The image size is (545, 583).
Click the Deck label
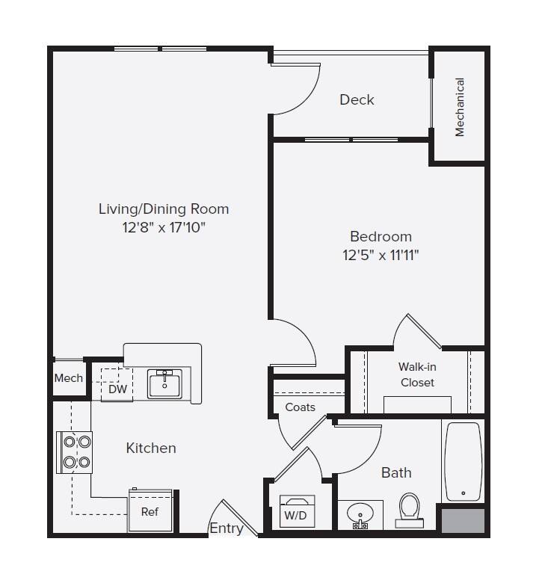(x=357, y=99)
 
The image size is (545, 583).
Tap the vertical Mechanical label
(x=460, y=107)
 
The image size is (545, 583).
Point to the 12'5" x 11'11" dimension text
(x=381, y=255)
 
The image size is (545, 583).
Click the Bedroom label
(x=381, y=236)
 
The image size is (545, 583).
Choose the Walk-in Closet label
(x=417, y=374)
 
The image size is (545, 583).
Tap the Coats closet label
(x=300, y=407)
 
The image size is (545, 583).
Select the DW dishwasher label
(x=117, y=389)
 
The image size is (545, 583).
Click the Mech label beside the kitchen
(x=68, y=378)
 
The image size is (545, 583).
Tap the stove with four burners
(x=76, y=451)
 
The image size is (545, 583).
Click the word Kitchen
(x=151, y=448)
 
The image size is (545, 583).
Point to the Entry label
(x=226, y=528)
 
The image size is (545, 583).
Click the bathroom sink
(x=360, y=516)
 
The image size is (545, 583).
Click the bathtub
(x=463, y=462)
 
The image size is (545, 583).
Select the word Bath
(x=396, y=472)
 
